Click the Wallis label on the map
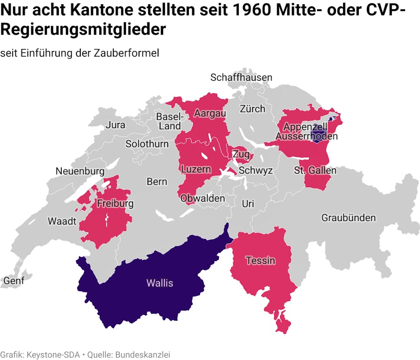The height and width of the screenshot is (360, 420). (x=160, y=283)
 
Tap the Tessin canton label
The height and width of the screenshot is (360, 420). (x=261, y=260)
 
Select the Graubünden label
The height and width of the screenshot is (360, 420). (x=348, y=218)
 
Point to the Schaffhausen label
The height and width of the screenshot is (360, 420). (x=241, y=77)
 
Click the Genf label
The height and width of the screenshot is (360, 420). (x=14, y=280)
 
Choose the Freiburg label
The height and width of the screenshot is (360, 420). (x=115, y=203)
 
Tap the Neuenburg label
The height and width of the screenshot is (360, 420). (x=80, y=171)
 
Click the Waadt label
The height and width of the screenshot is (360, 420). (x=62, y=221)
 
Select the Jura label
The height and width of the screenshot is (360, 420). (x=115, y=125)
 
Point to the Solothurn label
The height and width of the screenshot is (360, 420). (x=147, y=144)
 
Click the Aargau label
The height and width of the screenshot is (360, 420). (x=210, y=113)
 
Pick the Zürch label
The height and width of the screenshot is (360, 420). (x=253, y=109)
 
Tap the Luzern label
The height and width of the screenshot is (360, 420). (x=196, y=169)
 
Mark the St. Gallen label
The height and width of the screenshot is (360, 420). (x=315, y=170)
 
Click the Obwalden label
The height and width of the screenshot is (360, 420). (x=203, y=198)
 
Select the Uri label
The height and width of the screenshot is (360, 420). (x=248, y=204)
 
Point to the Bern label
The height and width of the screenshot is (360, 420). (x=157, y=182)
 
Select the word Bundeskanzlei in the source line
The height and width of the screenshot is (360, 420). (x=145, y=355)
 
